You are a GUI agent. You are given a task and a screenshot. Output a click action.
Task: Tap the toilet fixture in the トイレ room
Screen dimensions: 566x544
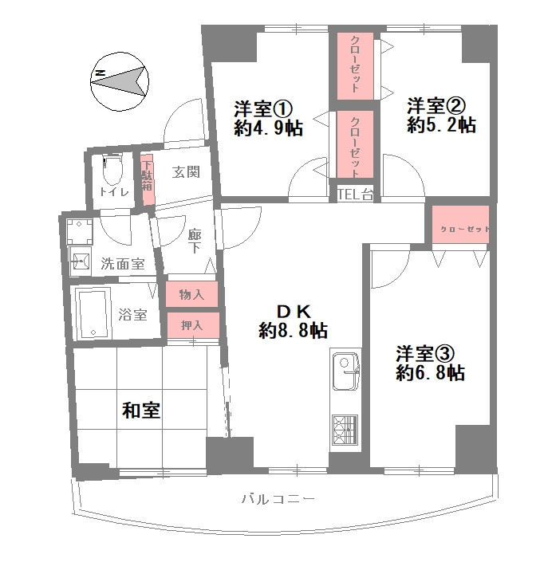tap(111, 168)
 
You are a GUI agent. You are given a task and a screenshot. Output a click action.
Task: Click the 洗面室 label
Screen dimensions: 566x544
tap(122, 264)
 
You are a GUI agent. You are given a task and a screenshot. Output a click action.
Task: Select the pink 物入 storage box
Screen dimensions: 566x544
tap(191, 294)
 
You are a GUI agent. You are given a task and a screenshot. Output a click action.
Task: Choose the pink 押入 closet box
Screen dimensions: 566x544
tap(191, 324)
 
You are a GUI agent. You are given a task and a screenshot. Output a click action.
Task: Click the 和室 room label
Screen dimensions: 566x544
tap(141, 411)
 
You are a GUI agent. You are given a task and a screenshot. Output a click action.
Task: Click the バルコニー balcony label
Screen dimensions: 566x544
tap(278, 500)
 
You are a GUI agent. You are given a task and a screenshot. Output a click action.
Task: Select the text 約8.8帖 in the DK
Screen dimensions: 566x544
tap(294, 331)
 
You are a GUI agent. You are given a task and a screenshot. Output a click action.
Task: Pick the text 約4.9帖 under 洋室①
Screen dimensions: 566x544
tap(268, 129)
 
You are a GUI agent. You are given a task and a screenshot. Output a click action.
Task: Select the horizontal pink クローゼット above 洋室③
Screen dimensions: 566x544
tap(460, 229)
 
